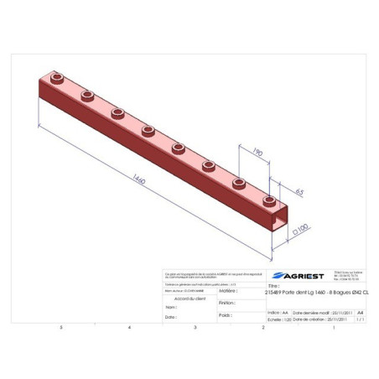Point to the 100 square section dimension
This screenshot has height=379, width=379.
pos(300,226)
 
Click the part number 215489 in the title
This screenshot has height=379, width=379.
pos(276,292)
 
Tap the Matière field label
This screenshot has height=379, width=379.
pos(226,290)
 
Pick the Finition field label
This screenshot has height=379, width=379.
pos(226,303)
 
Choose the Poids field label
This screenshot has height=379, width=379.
pos(225,315)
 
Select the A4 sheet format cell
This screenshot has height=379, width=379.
pos(360,311)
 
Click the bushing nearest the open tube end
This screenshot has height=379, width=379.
pos(269,200)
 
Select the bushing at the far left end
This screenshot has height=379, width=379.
pos(57,77)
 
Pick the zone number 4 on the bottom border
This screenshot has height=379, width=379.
pos(128,327)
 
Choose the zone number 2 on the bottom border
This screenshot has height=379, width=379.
pos(262,327)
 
